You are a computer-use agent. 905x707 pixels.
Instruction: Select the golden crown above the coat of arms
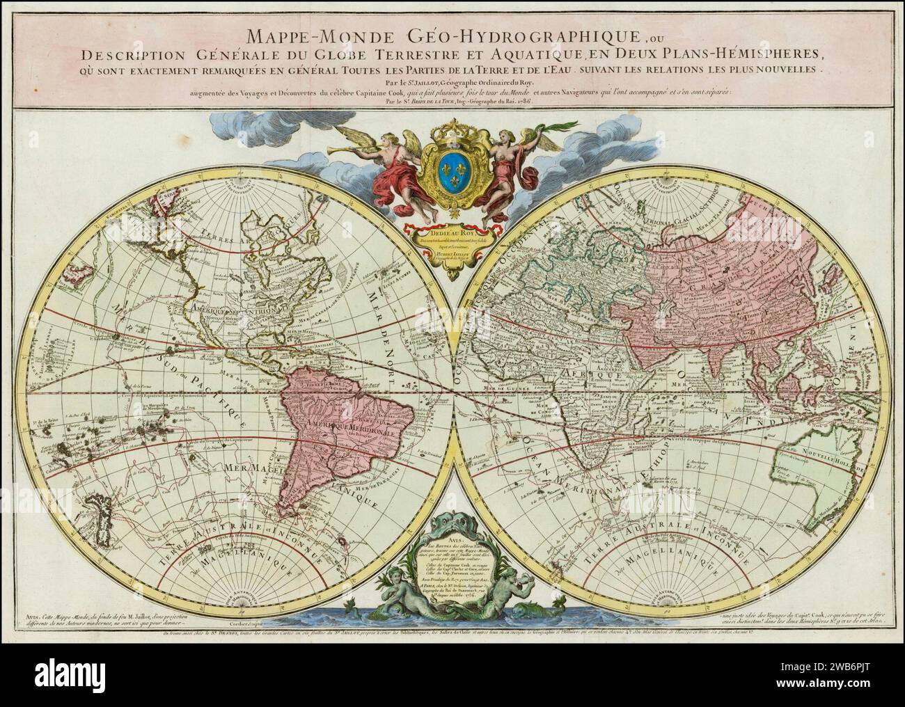click(x=453, y=132)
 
